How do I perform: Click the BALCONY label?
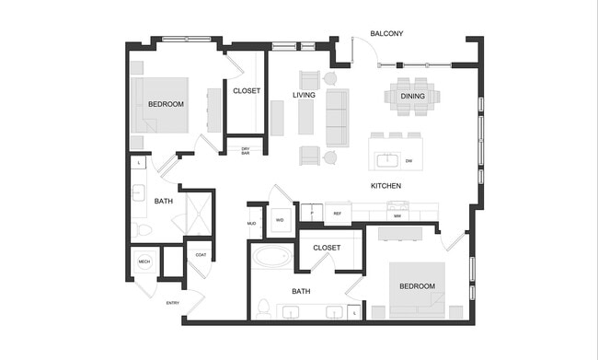[386, 34]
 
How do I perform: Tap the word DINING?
[413, 94]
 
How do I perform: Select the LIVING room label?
[305, 95]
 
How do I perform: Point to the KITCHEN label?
[385, 186]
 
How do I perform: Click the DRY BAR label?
[246, 151]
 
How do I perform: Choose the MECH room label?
[144, 261]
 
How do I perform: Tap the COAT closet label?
[200, 255]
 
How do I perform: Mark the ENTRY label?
[172, 303]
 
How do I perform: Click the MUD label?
[251, 223]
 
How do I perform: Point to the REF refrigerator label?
[337, 214]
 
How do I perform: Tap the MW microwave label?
[397, 215]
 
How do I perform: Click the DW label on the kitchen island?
[408, 160]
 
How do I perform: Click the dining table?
[413, 96]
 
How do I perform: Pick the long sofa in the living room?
[337, 118]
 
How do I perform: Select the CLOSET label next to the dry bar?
[246, 91]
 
